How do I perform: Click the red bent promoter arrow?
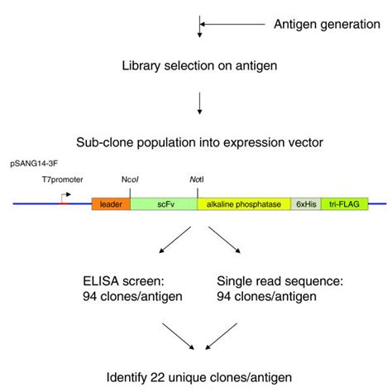64,198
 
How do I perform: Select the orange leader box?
110,203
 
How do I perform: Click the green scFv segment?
163,203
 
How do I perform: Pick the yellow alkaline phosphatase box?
243,203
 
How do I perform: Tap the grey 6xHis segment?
304,203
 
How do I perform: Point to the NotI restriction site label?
198,179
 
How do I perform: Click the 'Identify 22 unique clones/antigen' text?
199,377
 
